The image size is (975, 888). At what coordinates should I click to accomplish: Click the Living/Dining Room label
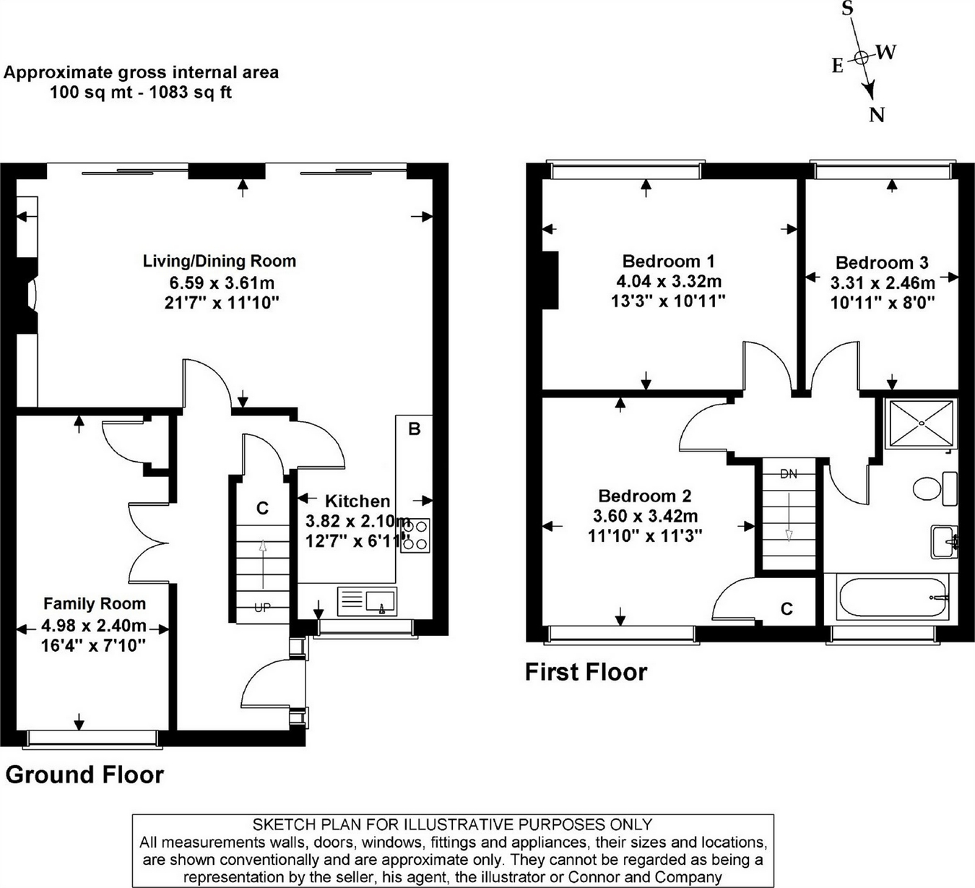pos(220,261)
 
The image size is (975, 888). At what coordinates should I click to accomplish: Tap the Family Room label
pos(95,603)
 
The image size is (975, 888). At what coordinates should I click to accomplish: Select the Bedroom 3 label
pos(882,262)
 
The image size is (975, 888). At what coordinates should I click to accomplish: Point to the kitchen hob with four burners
pos(415,535)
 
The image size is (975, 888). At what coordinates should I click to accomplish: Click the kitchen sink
pos(367,601)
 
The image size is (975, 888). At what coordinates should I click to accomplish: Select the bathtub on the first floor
pos(893,597)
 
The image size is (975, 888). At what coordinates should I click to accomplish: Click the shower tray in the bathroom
pos(921,423)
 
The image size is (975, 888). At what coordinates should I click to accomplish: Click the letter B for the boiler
pos(414,429)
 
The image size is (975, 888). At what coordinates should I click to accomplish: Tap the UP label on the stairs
pos(262,607)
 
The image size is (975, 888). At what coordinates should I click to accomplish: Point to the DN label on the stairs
pos(789,474)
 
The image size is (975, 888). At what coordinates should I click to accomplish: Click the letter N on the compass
pos(876,116)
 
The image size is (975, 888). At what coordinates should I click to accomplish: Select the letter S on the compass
pos(848,8)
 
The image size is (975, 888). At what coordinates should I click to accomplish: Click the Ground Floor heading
pos(84,775)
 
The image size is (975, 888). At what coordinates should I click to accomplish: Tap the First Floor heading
pos(586,672)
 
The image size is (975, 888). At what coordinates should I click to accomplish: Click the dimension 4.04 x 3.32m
pos(669,281)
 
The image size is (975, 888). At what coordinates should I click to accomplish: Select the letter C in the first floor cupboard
pos(787,608)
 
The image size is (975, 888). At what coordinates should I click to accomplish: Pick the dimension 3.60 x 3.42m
pos(646,515)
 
